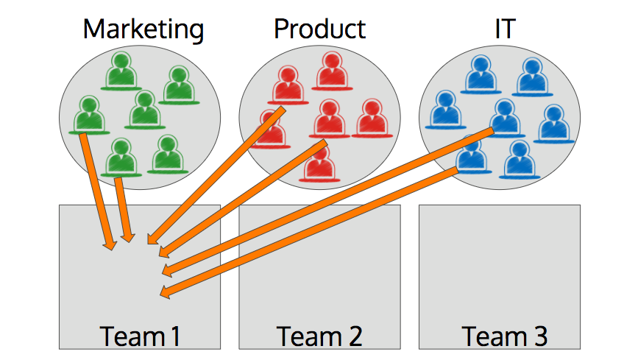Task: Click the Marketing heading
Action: tap(143, 29)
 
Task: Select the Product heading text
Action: tap(319, 29)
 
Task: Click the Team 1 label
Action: tap(140, 336)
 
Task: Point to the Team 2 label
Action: tap(319, 336)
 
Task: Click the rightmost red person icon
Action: tap(371, 119)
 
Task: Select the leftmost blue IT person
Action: tap(444, 110)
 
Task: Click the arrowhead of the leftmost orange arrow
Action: tap(110, 245)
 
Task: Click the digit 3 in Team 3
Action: tap(540, 336)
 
